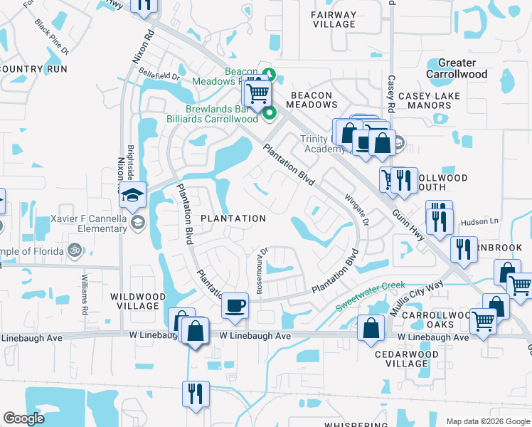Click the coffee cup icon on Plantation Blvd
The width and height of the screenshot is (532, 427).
pos(235,306)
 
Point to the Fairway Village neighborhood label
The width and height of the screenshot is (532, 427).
pos(334,19)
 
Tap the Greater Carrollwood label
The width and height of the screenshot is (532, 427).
pos(457,68)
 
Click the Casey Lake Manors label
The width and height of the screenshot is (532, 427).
pos(429,100)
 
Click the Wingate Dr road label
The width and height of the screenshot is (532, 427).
pos(357,210)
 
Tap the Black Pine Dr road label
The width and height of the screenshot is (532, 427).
pos(51,36)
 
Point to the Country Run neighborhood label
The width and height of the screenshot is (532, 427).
pos(33,69)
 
